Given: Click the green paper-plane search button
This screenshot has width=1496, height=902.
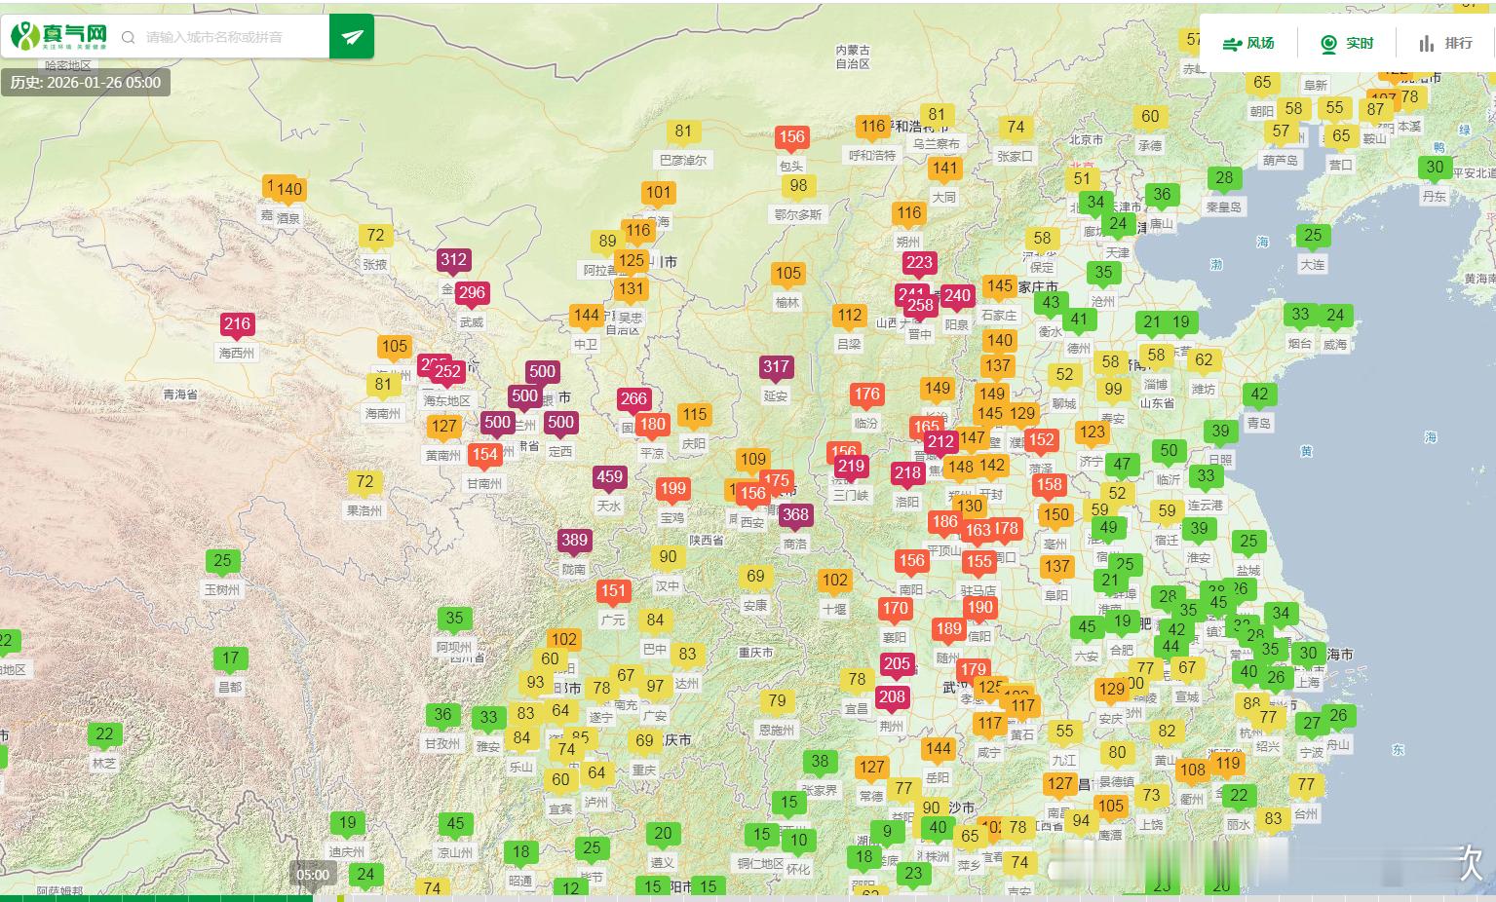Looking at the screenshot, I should [x=352, y=37].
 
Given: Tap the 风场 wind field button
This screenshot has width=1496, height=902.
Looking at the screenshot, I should [x=1248, y=43].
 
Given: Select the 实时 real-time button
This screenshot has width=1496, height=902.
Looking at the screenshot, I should [x=1347, y=43].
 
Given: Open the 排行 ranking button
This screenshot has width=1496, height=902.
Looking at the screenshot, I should [x=1445, y=43].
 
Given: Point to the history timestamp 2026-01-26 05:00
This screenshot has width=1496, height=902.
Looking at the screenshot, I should [x=86, y=83].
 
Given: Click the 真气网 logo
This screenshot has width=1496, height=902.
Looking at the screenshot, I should [x=58, y=37].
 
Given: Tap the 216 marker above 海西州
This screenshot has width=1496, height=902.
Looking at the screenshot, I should [x=237, y=324].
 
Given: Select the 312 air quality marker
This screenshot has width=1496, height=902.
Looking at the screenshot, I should [x=453, y=260].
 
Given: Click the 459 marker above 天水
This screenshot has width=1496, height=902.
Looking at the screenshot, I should [x=609, y=477].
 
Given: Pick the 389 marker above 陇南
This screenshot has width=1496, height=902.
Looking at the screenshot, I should [x=574, y=541].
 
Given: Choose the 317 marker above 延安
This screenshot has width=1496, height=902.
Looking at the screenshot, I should [x=776, y=367].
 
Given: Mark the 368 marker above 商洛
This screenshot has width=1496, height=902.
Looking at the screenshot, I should [x=795, y=515].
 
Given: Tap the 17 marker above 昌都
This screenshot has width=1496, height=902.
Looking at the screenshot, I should [x=230, y=658].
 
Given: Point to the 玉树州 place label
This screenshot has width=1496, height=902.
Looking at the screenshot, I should [x=222, y=589].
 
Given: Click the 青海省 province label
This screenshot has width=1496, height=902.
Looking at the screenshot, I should [x=180, y=395].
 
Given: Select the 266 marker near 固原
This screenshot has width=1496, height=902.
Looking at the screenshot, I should [x=633, y=399].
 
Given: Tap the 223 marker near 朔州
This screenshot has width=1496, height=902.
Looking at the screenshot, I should [x=919, y=263].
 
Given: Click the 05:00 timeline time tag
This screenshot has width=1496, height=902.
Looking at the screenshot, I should [x=313, y=875].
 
